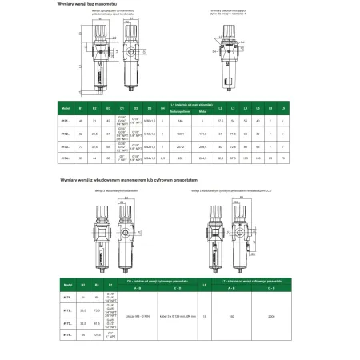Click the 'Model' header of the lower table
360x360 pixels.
tap(68, 282)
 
